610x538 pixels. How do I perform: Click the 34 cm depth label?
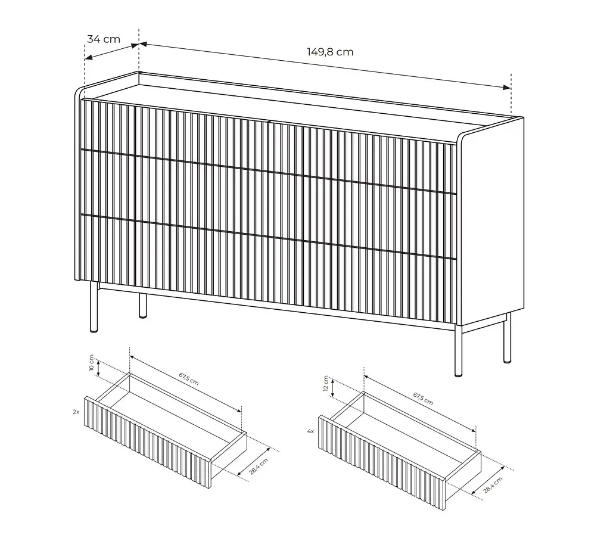click(x=104, y=39)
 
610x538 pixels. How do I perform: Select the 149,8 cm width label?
click(x=330, y=52)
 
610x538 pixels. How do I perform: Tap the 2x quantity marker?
click(x=76, y=412)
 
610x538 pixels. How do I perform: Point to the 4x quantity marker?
click(x=310, y=431)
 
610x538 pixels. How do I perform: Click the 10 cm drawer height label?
click(x=91, y=363)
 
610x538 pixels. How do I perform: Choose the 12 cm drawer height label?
click(x=326, y=384)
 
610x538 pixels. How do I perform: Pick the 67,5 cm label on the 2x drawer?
click(x=189, y=379)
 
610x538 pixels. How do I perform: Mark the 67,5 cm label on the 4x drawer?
click(x=423, y=399)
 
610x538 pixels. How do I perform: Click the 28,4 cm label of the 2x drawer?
click(x=259, y=467)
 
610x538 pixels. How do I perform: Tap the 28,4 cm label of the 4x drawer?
click(x=493, y=485)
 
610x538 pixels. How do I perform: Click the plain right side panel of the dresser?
click(x=491, y=222)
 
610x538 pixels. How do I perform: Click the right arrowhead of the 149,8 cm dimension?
click(x=506, y=88)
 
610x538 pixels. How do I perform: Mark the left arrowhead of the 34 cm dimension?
click(x=89, y=58)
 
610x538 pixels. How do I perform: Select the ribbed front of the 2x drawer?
click(x=148, y=442)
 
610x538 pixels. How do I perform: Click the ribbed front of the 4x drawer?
click(x=382, y=462)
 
